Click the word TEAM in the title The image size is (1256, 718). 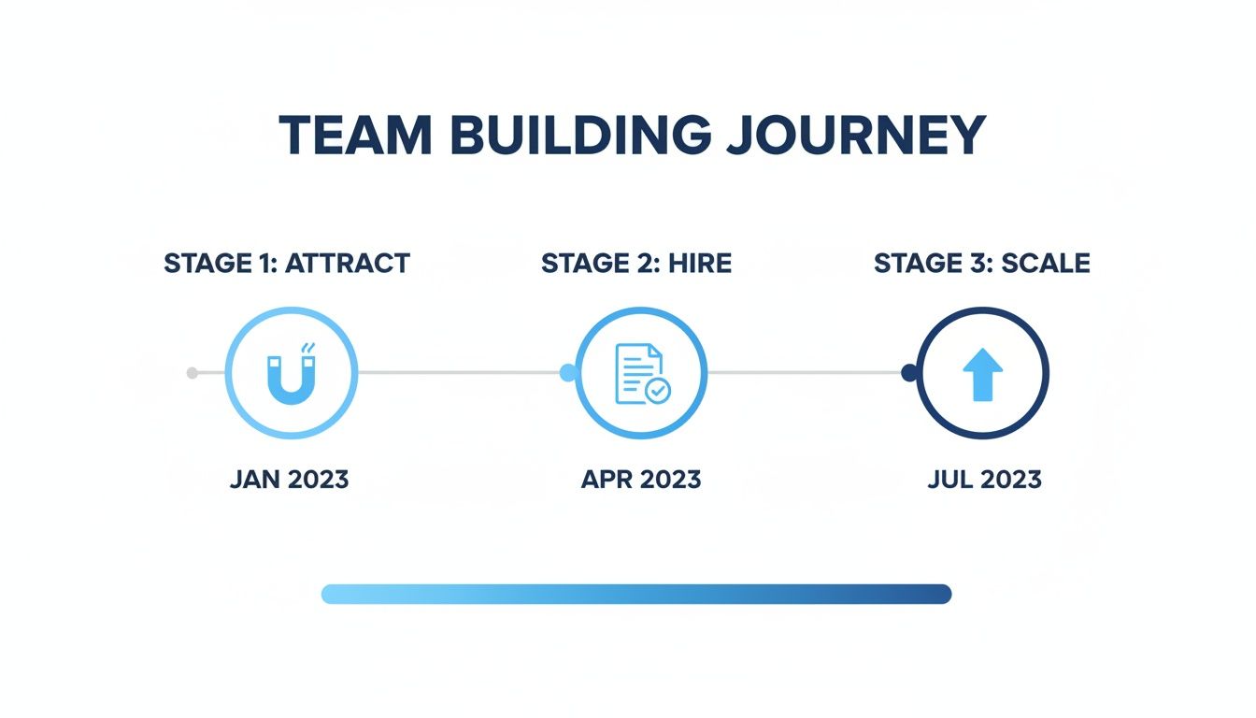pyautogui.click(x=355, y=136)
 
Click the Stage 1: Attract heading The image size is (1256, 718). pyautogui.click(x=287, y=264)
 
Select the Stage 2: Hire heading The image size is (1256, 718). pyautogui.click(x=636, y=264)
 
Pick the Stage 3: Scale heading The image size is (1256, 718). pyautogui.click(x=982, y=264)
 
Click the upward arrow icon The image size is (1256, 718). pyautogui.click(x=982, y=374)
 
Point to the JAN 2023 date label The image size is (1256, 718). pyautogui.click(x=289, y=481)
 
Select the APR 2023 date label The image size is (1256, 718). pyautogui.click(x=640, y=481)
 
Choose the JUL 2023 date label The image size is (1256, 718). pyautogui.click(x=984, y=481)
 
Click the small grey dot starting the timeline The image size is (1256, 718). pyautogui.click(x=193, y=373)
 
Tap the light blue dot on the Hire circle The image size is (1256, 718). pyautogui.click(x=567, y=373)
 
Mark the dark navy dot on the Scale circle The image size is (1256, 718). pyautogui.click(x=908, y=373)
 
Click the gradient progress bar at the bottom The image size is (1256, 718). pyautogui.click(x=635, y=594)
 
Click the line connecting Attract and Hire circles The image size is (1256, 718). pyautogui.click(x=458, y=373)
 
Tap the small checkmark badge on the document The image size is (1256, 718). pyautogui.click(x=658, y=391)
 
